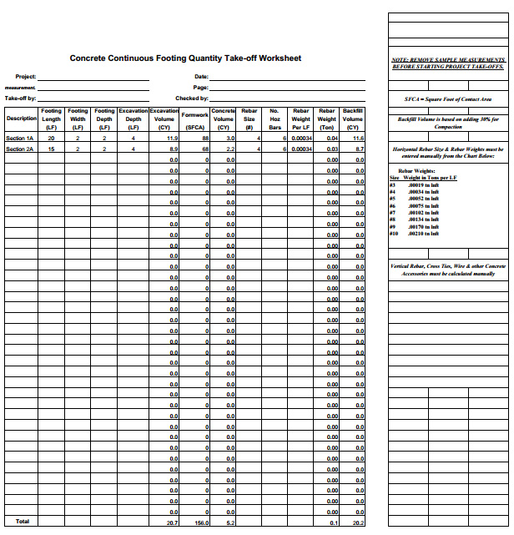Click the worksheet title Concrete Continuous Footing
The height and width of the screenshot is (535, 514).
185,58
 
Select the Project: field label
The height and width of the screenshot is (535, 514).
25,77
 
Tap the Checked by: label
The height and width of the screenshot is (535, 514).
192,98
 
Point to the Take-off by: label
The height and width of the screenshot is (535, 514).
20,98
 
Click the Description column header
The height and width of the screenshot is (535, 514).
21,119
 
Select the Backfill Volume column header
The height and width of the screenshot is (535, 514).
353,119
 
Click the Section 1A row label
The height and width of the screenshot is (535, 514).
20,138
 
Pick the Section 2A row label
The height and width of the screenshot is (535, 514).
20,149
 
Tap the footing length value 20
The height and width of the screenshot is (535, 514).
51,138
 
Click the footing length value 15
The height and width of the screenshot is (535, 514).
51,149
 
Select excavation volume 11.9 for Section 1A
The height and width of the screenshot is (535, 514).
172,138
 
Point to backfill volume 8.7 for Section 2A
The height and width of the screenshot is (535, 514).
359,149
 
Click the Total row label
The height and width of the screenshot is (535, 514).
22,522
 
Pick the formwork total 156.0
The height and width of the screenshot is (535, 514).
200,522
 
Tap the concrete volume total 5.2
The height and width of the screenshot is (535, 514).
229,522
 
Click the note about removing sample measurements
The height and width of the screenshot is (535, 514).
448,63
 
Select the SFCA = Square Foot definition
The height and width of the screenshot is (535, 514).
448,99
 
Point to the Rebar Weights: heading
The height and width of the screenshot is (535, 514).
416,170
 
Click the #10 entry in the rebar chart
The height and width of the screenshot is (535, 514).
394,234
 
